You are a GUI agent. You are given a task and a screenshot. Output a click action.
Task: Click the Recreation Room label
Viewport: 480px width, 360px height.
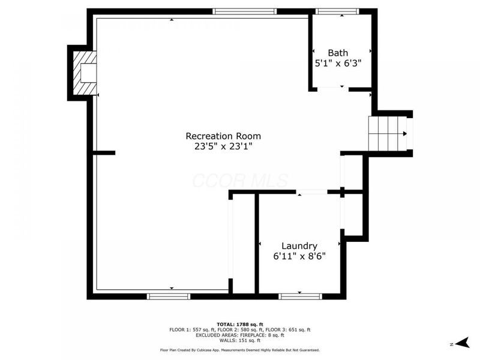click(223, 136)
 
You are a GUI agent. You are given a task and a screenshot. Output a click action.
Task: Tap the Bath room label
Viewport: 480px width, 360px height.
click(338, 53)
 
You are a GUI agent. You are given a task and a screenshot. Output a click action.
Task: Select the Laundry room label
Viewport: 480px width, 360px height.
click(299, 246)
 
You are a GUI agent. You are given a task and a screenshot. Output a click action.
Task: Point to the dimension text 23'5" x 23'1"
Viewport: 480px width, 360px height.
click(223, 146)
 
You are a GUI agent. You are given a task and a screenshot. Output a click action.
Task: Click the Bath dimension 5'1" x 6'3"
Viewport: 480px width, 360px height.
click(338, 63)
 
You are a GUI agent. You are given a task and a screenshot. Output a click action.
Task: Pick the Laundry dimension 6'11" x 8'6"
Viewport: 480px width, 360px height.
click(299, 256)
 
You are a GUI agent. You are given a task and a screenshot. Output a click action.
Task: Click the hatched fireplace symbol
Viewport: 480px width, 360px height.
click(85, 73)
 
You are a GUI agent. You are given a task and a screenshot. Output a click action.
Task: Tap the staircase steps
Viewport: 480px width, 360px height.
click(388, 133)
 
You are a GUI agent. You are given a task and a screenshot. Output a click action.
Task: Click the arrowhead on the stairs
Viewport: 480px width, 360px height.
click(405, 133)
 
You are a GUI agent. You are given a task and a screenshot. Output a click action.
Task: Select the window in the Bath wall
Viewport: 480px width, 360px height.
click(337, 11)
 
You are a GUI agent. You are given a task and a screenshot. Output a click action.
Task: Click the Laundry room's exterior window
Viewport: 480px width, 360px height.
click(300, 296)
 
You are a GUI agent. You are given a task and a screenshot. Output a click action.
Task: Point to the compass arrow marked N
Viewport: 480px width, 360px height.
click(462, 343)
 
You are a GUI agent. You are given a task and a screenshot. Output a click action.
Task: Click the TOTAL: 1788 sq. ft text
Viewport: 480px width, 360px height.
click(240, 325)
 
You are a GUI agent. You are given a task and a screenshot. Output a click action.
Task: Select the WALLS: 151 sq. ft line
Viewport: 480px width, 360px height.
click(240, 340)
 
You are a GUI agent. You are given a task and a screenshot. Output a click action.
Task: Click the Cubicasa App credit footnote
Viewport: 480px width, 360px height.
click(240, 350)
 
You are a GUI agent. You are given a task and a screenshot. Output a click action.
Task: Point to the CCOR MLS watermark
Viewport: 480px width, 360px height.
click(241, 181)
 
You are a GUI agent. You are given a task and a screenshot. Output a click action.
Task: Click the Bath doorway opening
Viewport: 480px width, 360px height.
click(333, 88)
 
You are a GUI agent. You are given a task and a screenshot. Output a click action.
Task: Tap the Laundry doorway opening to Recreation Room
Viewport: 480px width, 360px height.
click(311, 192)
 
